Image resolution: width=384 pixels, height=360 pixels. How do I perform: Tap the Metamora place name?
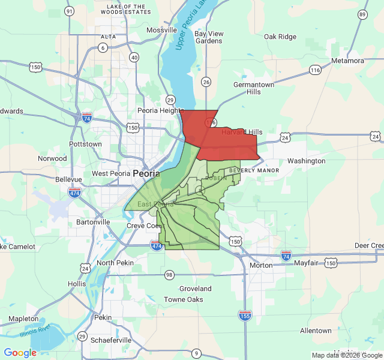[x=347, y=61]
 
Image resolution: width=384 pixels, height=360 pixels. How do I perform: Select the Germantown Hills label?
[x=254, y=88]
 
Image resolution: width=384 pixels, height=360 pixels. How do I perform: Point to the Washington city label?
[x=306, y=161]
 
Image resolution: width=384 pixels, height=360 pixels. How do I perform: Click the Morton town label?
[x=260, y=265]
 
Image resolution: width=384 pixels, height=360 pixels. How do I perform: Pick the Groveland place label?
[x=195, y=289]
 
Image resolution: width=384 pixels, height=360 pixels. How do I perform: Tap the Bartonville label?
[x=93, y=222]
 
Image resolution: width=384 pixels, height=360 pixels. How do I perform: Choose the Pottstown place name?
[x=85, y=144]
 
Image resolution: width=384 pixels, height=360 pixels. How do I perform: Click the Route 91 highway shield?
[x=70, y=11]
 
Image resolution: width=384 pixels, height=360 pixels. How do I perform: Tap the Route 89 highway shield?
[x=362, y=14]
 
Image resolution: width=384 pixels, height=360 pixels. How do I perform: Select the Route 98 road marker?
[x=169, y=274]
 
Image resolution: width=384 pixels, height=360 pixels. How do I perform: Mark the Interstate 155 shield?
[x=244, y=315]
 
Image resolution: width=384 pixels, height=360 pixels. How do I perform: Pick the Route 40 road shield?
[x=134, y=58]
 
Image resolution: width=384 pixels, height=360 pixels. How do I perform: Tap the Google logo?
[x=20, y=353]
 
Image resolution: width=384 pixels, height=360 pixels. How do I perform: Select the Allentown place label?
[x=316, y=331]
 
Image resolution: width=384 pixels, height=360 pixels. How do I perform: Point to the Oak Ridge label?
[x=280, y=37]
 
